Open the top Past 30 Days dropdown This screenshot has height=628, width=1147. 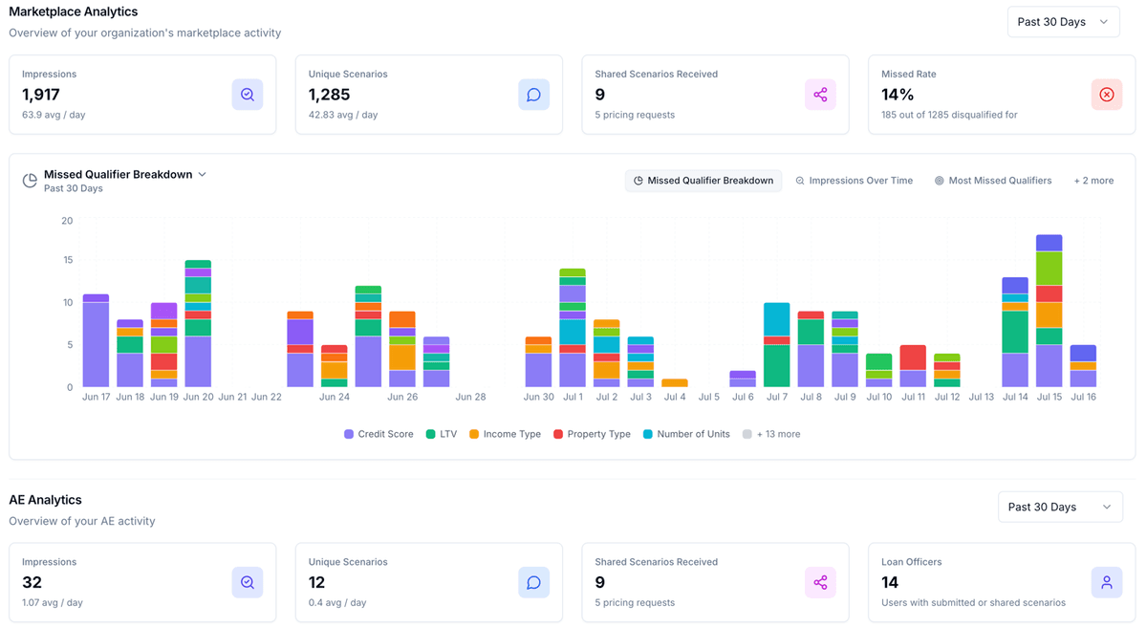tap(1063, 22)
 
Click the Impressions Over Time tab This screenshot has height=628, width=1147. tap(854, 181)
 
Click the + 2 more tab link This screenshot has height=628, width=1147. tap(1093, 181)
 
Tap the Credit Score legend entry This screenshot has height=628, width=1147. tap(379, 434)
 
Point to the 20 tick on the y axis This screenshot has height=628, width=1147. tap(67, 221)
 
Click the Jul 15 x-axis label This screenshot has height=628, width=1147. tap(1050, 397)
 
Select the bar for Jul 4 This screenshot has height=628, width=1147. tap(675, 382)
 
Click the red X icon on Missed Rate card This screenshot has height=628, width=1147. tap(1106, 95)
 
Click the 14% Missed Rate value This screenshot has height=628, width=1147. tap(898, 95)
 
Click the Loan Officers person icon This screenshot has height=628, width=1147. tap(1106, 582)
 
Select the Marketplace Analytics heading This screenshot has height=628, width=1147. tap(74, 11)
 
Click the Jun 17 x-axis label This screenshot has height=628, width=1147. tap(96, 397)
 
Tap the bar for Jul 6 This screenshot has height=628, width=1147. tap(743, 379)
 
